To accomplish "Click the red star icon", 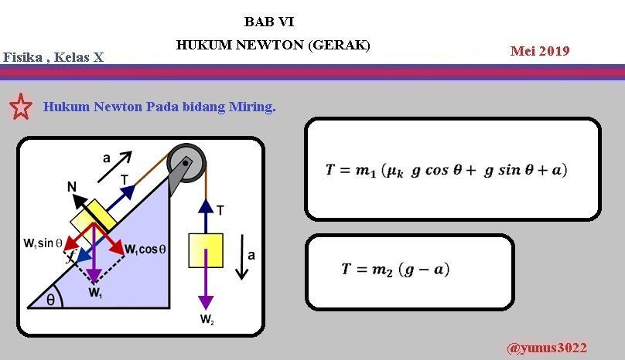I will click(x=21, y=107).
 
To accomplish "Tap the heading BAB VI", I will click(x=268, y=22).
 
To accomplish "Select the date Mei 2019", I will click(x=540, y=52).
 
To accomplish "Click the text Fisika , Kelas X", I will click(x=53, y=57).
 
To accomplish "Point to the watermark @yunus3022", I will click(x=546, y=348).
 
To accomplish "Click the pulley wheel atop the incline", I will click(x=187, y=162).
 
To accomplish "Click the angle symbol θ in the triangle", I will click(x=50, y=300).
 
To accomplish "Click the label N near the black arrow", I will click(x=71, y=187).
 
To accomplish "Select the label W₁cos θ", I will click(x=145, y=249).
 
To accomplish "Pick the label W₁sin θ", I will click(x=43, y=243).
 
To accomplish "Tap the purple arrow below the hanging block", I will click(x=206, y=290).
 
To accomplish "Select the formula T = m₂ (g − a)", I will click(x=395, y=270).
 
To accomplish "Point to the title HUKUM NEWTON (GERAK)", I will click(x=273, y=46).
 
